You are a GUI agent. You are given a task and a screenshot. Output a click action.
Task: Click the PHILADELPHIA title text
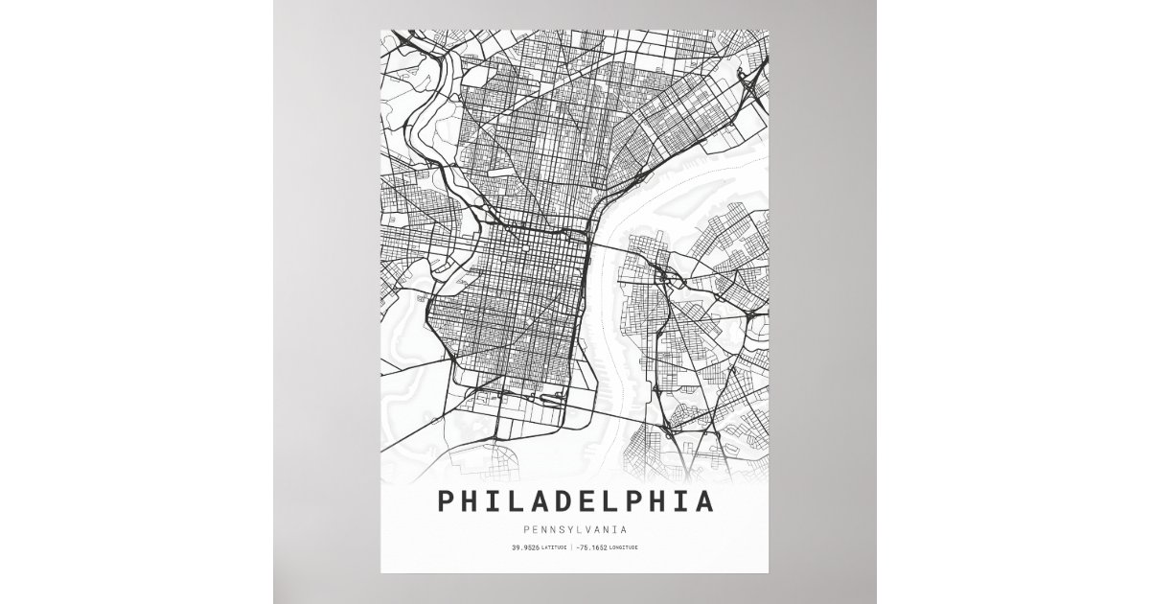(575, 501)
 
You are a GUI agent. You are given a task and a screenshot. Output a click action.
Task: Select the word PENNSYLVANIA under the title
(575, 528)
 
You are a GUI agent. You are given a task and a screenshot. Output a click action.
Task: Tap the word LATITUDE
(552, 547)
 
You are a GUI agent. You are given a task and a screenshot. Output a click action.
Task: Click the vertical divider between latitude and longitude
(571, 547)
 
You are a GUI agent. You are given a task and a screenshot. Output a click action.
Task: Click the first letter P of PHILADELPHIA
(446, 501)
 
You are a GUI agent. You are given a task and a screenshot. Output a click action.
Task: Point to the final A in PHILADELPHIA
(704, 501)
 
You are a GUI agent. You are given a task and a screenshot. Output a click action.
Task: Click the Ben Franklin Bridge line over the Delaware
(613, 248)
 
